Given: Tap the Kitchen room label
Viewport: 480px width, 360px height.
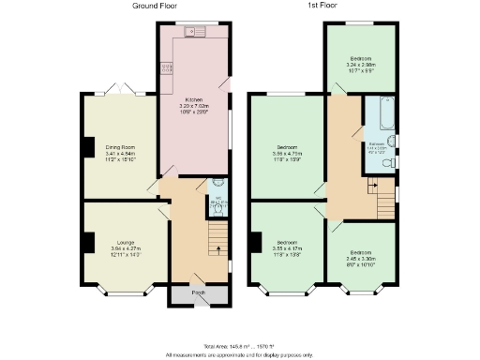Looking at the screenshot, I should pos(194,98).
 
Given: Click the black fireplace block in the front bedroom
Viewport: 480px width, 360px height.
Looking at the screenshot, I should pos(253,242).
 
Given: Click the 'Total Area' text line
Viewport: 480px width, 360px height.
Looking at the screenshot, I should pos(240,346).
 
